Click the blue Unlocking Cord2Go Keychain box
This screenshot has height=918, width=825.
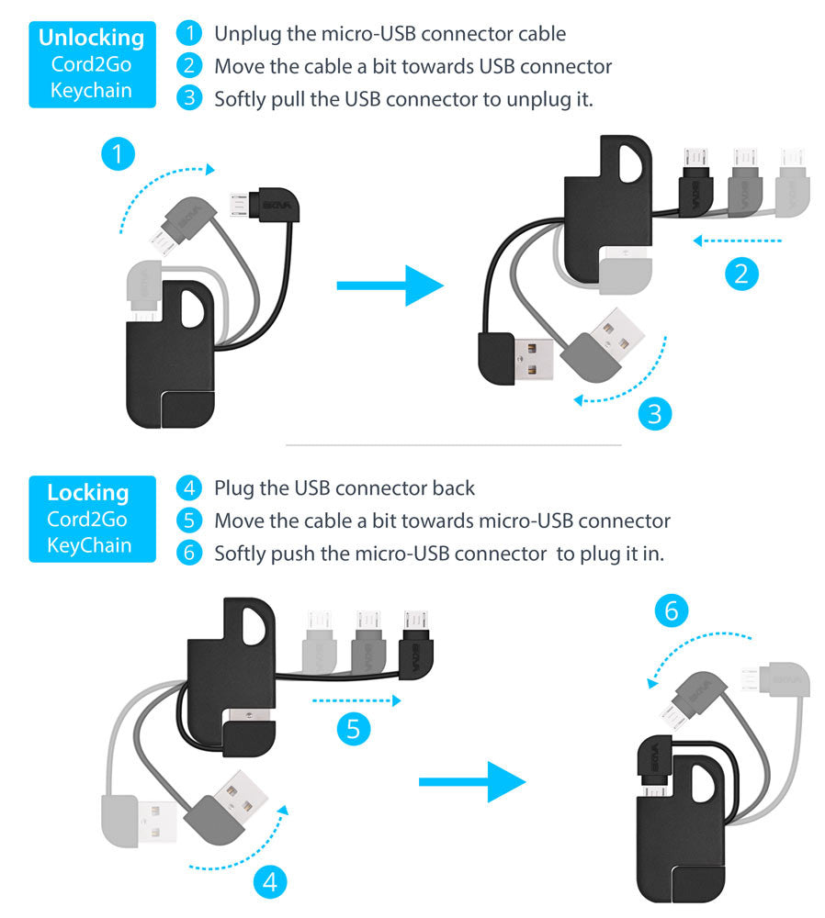tap(92, 64)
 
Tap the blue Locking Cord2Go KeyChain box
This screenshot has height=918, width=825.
tap(92, 519)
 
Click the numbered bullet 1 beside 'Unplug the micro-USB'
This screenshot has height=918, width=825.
tap(189, 33)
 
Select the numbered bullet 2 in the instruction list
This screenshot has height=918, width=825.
tap(189, 65)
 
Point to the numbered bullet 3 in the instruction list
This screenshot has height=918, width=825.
tap(189, 98)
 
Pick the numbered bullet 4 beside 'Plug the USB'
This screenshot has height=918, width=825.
tap(189, 487)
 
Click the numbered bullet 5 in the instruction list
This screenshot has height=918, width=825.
tap(189, 520)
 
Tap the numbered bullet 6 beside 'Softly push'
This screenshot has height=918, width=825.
tap(189, 553)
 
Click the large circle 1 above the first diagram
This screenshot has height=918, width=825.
tap(118, 154)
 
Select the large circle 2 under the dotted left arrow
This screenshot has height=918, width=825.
tap(741, 274)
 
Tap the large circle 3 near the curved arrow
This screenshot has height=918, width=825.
tap(654, 413)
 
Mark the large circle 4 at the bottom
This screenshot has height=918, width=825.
tap(270, 881)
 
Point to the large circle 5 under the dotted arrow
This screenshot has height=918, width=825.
tap(354, 728)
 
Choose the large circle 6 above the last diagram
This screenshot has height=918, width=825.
tap(671, 610)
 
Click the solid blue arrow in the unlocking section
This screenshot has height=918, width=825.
tap(390, 285)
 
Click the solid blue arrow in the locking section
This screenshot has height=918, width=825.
tap(472, 782)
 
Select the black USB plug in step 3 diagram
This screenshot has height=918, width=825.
tap(515, 358)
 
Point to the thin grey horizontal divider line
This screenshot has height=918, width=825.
tap(454, 445)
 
